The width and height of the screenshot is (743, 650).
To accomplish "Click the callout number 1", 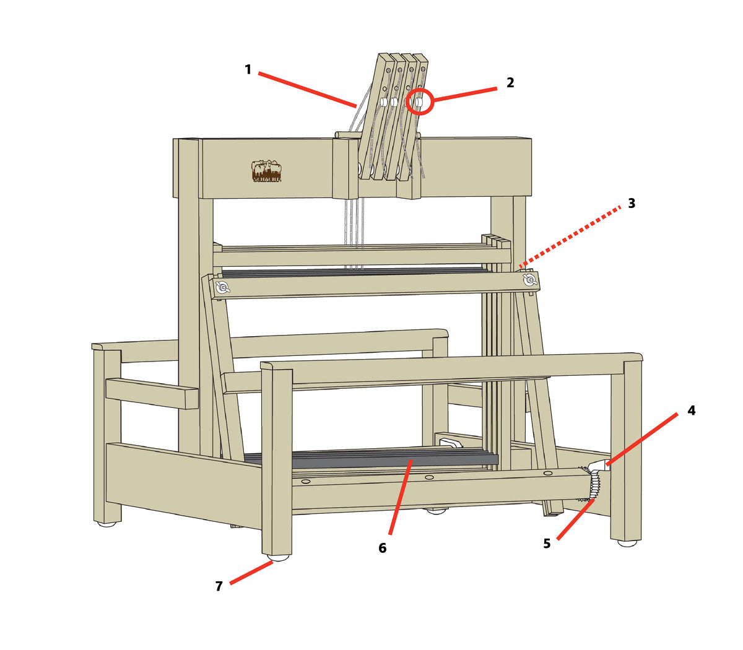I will click(x=248, y=69).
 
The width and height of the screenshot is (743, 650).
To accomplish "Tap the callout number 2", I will click(x=510, y=82).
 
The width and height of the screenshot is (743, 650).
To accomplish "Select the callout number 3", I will click(x=632, y=203).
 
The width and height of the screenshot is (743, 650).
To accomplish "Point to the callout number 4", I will click(x=692, y=410).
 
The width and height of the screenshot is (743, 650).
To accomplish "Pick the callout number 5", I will click(x=547, y=544).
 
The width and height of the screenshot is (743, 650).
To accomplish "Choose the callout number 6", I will click(x=383, y=548).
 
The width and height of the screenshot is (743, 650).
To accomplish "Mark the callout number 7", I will click(x=219, y=586).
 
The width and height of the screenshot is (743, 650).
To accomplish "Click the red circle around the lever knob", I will click(x=419, y=102).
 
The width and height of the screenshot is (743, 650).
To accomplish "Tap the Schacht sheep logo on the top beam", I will click(x=266, y=171).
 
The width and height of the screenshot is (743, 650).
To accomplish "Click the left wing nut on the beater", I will click(x=222, y=287).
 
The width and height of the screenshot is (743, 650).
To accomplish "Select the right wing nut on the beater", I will click(x=529, y=280).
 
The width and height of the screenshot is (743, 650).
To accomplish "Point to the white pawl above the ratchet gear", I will click(x=599, y=466).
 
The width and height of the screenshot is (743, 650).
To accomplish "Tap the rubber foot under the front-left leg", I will click(x=278, y=558).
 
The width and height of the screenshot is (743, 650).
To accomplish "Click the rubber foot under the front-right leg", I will click(x=627, y=544).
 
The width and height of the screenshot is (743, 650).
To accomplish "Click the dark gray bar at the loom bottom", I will click(x=371, y=459).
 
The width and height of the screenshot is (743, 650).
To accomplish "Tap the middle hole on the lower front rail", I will click(x=429, y=477).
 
